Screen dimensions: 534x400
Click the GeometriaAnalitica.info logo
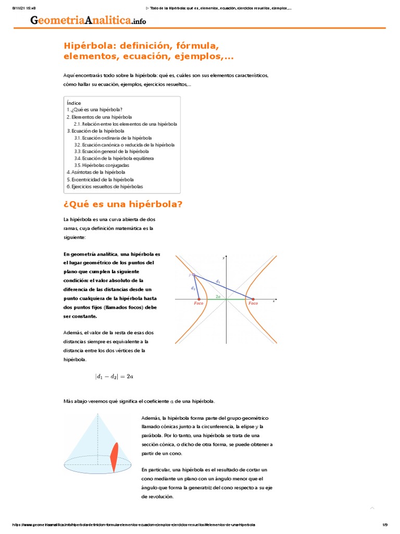(x=88, y=20)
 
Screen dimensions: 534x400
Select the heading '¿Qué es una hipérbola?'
(x=123, y=204)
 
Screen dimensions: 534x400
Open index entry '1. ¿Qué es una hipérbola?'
(x=95, y=110)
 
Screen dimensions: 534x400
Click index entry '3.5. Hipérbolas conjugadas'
(x=102, y=165)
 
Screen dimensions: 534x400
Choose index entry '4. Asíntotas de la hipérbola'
(x=96, y=172)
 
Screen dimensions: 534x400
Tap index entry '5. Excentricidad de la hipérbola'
(x=100, y=179)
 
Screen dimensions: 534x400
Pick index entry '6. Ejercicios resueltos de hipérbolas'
(x=105, y=186)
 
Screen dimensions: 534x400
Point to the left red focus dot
(x=199, y=299)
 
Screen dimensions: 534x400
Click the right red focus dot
(x=254, y=299)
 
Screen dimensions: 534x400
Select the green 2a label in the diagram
(x=218, y=296)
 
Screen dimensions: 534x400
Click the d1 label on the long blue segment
(x=218, y=282)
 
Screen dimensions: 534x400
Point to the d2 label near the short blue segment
(x=193, y=287)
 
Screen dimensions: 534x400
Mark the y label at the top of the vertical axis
(x=223, y=258)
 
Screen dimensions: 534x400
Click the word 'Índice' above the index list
(x=74, y=103)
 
